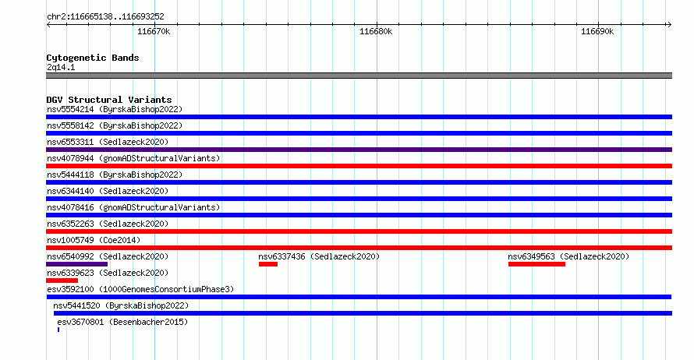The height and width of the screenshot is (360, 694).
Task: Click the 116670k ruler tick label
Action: (x=154, y=31)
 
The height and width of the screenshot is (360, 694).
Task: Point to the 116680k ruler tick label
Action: (x=376, y=31)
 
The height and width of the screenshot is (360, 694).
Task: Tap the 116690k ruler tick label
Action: (x=597, y=31)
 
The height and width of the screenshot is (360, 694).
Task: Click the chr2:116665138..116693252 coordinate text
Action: (x=105, y=17)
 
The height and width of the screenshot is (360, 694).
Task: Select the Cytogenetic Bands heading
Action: (x=93, y=58)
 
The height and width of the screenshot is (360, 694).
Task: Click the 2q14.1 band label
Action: (x=61, y=67)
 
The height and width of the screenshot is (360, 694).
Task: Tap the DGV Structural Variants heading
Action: (x=109, y=100)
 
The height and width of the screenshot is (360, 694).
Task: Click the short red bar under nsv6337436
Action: (x=268, y=264)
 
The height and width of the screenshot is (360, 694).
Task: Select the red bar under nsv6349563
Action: (x=536, y=264)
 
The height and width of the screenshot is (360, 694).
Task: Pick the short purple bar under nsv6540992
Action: (x=77, y=264)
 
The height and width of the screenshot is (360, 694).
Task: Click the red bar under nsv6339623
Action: (x=62, y=281)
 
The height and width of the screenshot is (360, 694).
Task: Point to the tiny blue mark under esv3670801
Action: (x=58, y=330)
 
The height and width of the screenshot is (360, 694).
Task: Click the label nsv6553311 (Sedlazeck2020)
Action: (x=108, y=142)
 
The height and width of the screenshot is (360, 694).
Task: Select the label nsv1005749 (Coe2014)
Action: (x=94, y=240)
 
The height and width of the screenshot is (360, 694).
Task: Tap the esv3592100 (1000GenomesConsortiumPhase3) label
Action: (x=140, y=289)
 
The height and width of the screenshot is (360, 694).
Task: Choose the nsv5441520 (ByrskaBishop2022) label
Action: (x=121, y=305)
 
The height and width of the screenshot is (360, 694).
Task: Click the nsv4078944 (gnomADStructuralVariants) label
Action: (x=133, y=158)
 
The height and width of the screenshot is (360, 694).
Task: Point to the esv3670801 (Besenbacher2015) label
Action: (x=122, y=322)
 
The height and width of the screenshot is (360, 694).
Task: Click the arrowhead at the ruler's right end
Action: (x=669, y=24)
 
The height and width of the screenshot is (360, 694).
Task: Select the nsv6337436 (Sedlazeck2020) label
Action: (x=319, y=256)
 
